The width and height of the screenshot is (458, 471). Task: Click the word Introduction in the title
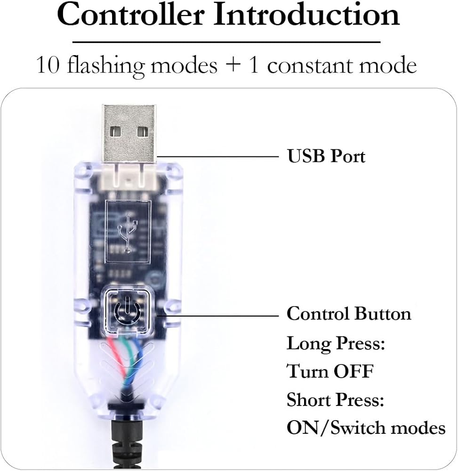coord(306,15)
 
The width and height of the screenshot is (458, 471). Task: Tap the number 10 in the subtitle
coord(48,65)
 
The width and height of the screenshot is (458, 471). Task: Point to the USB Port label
coord(326,156)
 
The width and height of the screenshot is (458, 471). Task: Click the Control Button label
coord(349,314)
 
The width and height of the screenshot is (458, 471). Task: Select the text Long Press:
coord(336,343)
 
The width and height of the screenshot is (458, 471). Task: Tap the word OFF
coord(354,372)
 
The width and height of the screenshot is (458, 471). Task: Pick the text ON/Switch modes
coord(366,428)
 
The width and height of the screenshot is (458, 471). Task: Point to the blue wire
coord(137,351)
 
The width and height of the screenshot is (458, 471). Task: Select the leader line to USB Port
coord(217,156)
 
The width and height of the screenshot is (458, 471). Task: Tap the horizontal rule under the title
coord(226,42)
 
